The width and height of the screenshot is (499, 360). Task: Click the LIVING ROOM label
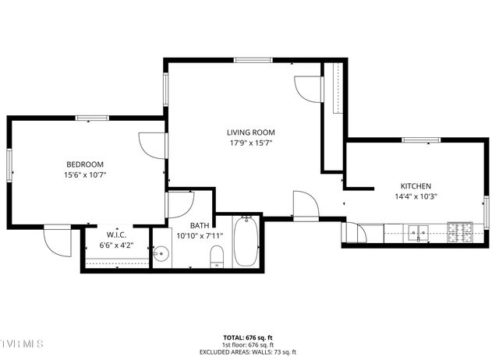[251, 132]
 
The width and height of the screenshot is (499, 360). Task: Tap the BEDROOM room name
[85, 164]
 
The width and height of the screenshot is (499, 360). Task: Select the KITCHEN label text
[416, 186]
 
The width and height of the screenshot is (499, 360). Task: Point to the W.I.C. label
[117, 235]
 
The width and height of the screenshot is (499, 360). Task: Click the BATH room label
[199, 225]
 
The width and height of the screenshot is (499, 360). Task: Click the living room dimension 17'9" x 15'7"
[251, 143]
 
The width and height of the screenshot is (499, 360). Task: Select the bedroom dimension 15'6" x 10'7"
[85, 175]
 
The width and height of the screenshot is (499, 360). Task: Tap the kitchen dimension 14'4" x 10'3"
[416, 196]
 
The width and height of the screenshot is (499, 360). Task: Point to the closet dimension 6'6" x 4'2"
[117, 245]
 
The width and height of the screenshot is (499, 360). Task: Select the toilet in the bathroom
[218, 256]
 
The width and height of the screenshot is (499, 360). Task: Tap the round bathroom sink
[161, 253]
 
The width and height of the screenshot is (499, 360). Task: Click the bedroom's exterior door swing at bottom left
[56, 241]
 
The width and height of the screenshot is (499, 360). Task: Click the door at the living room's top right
[308, 88]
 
